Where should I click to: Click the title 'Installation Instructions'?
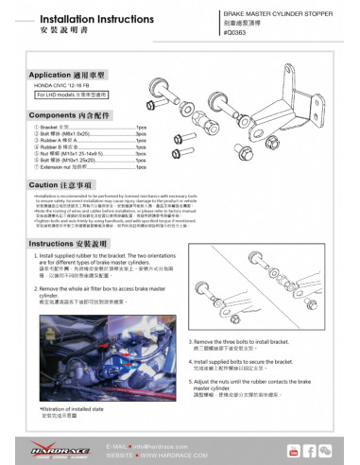tap(64, 16)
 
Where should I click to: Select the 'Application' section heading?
tap(59, 73)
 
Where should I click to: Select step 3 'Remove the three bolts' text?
tap(247, 342)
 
